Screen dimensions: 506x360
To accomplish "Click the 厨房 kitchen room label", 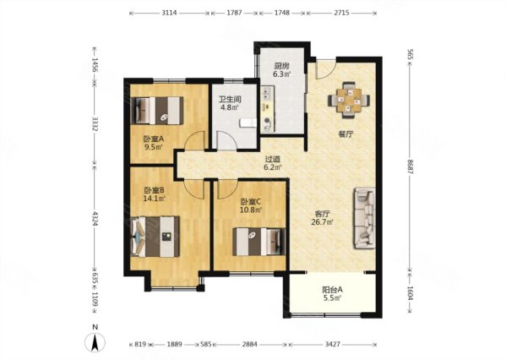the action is [281, 66].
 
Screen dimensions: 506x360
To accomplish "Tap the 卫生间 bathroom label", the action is [230, 100].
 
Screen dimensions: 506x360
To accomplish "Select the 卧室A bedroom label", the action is [154, 139].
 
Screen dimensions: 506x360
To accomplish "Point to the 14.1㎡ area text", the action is [155, 199].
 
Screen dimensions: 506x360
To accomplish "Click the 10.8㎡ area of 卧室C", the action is [251, 210].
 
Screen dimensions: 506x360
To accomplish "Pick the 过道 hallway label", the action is [273, 159].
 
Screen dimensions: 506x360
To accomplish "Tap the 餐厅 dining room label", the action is [345, 134].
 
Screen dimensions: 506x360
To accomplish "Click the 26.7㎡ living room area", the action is [323, 221].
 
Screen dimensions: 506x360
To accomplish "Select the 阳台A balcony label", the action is [332, 290].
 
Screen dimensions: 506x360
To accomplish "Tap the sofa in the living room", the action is [365, 218].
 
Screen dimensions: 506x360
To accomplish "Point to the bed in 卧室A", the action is [157, 111].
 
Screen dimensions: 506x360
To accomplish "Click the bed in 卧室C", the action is [259, 242].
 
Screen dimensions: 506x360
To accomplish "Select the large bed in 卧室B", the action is [155, 237].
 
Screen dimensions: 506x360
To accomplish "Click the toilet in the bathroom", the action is [248, 123].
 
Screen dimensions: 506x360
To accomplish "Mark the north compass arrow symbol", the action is [95, 342].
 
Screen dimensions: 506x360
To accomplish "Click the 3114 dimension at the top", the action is [170, 14].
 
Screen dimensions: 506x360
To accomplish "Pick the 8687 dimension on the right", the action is [411, 167].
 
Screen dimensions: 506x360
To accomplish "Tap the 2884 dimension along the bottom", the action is [250, 345].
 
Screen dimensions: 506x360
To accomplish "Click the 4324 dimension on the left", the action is [95, 219].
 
